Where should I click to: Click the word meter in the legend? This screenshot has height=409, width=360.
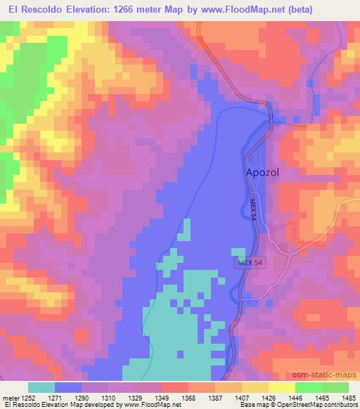(11, 398)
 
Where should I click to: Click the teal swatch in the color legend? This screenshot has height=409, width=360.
(41, 387)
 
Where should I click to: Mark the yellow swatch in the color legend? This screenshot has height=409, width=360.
(282, 387)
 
